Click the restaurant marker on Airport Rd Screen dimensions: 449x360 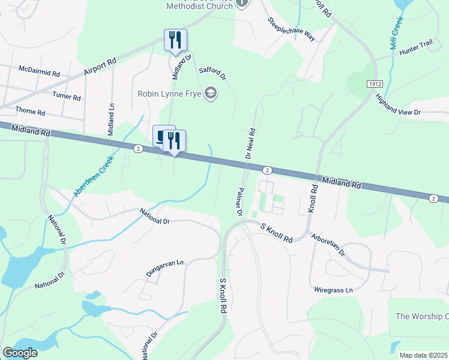point(175,40)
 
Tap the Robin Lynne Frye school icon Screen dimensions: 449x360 point(210,93)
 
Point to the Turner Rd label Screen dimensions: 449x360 point(66,96)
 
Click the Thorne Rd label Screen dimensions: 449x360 point(30,112)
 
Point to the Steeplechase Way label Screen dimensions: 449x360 point(292,29)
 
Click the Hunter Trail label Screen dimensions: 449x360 point(415,53)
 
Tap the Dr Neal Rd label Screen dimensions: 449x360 point(251,143)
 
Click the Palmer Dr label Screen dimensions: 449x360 point(238,201)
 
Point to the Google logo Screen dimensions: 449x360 point(20,353)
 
